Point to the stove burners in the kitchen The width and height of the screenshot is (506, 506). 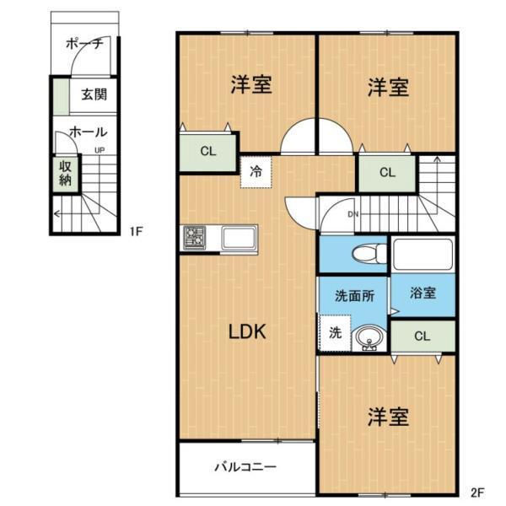[196, 238]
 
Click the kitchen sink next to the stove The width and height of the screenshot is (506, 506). [240, 238]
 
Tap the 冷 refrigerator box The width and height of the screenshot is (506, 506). [256, 171]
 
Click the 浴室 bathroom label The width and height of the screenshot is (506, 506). [423, 294]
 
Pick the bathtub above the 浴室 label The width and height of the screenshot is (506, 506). [423, 254]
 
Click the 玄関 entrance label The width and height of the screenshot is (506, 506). [94, 94]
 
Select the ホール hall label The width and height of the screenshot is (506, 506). [88, 132]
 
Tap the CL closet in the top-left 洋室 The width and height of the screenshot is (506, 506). [207, 152]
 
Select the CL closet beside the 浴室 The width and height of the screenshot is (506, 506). [422, 336]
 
